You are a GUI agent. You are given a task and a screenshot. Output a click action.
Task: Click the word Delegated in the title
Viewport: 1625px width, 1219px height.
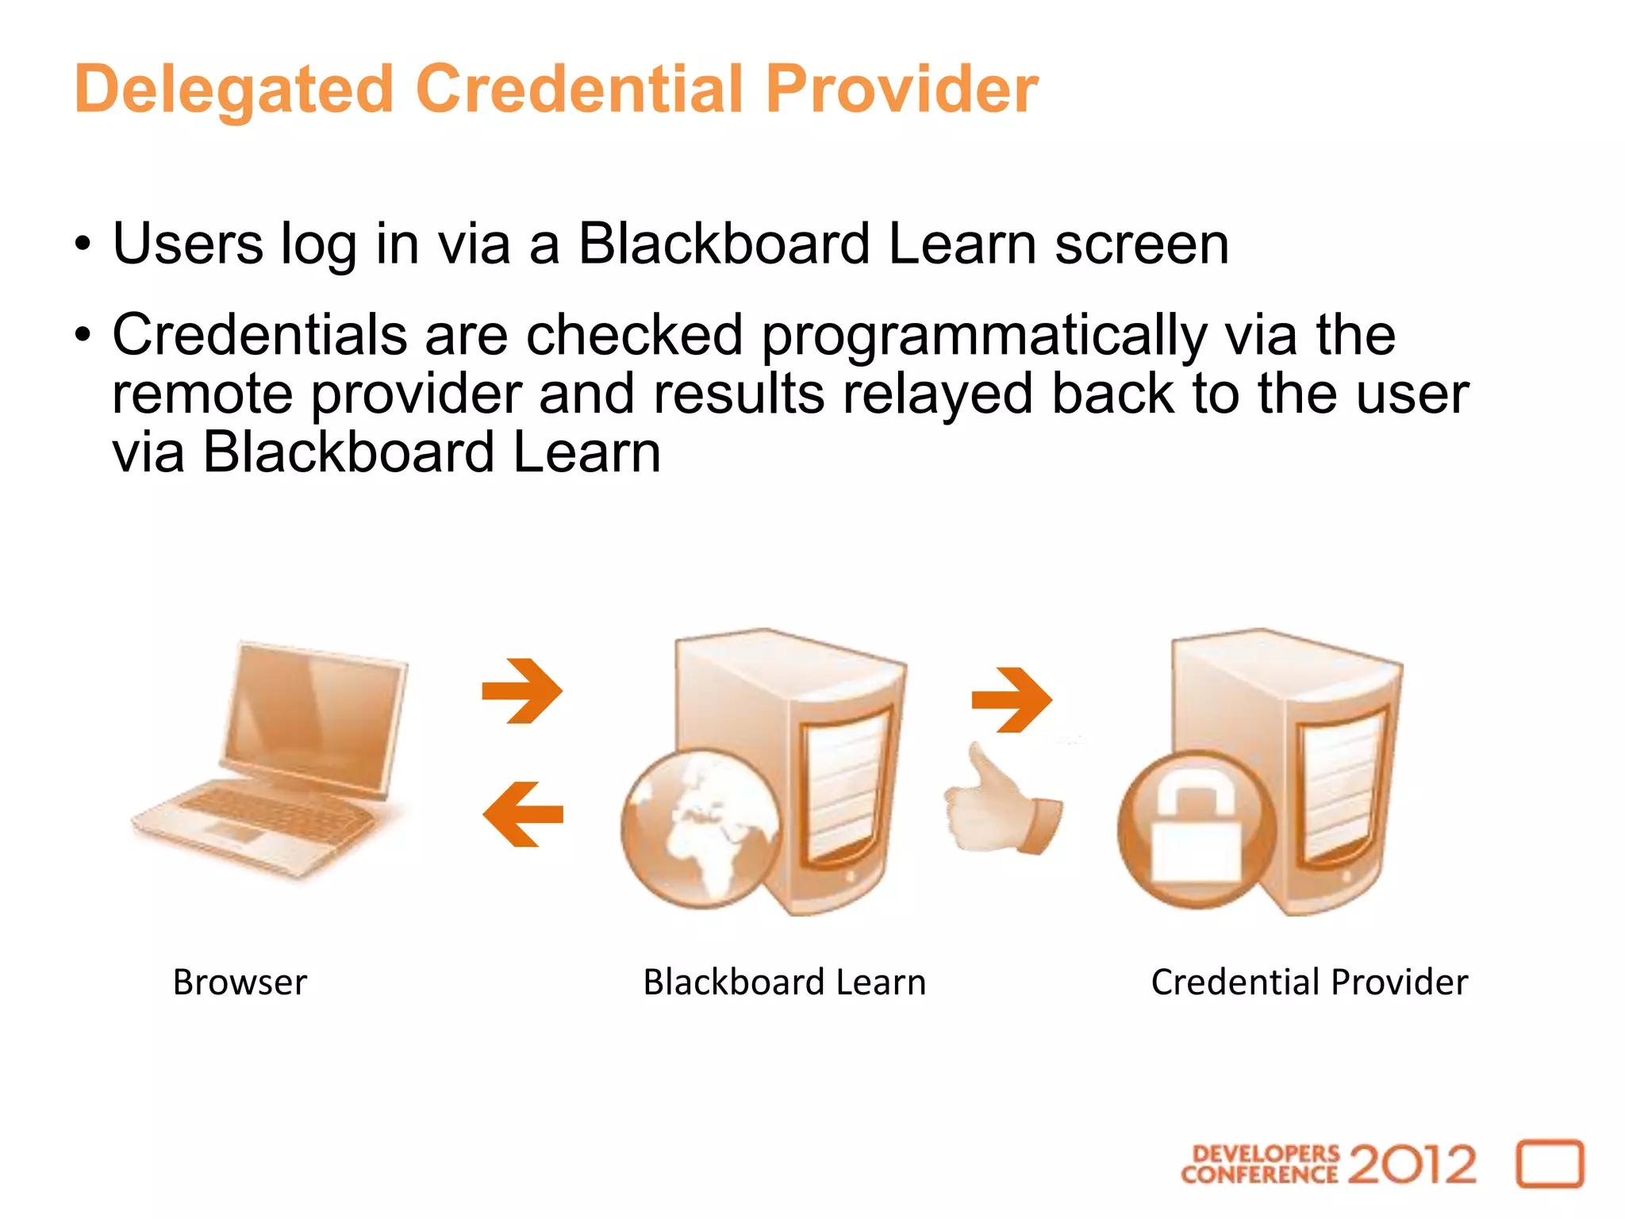tap(234, 89)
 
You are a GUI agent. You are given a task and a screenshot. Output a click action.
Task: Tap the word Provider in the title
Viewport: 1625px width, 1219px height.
tap(901, 89)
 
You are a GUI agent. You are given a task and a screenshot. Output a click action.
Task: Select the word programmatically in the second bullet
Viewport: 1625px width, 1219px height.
tap(984, 336)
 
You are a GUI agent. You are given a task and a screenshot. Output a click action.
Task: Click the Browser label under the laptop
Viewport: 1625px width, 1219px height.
tap(240, 983)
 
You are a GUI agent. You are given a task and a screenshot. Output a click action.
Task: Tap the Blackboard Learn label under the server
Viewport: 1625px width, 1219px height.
tap(784, 983)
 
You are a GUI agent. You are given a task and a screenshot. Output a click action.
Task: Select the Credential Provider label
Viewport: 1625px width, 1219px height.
tap(1309, 983)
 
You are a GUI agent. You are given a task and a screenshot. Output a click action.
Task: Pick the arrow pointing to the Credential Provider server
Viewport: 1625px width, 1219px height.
tap(1012, 699)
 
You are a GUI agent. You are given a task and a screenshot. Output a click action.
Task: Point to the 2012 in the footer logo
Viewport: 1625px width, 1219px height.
tap(1412, 1164)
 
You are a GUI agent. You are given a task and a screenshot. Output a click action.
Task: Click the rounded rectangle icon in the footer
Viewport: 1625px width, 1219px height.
tap(1550, 1164)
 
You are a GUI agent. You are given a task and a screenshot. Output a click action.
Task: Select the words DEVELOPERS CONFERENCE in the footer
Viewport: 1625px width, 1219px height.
tap(1259, 1164)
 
